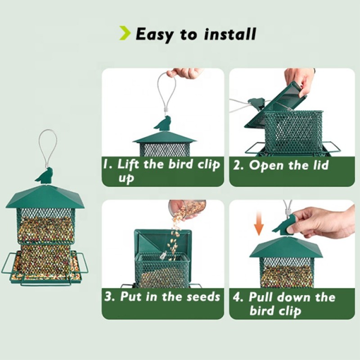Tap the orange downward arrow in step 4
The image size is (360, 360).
tap(258, 225)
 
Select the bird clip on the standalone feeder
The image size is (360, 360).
tap(45, 175)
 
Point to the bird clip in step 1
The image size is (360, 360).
tap(163, 123)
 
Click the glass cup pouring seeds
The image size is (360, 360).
tap(189, 208)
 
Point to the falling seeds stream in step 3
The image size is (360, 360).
tap(175, 234)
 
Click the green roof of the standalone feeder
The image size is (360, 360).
tap(45, 197)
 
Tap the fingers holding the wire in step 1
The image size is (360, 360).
tap(184, 73)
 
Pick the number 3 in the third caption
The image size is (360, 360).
tap(109, 297)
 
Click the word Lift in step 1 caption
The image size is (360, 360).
tap(128, 164)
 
